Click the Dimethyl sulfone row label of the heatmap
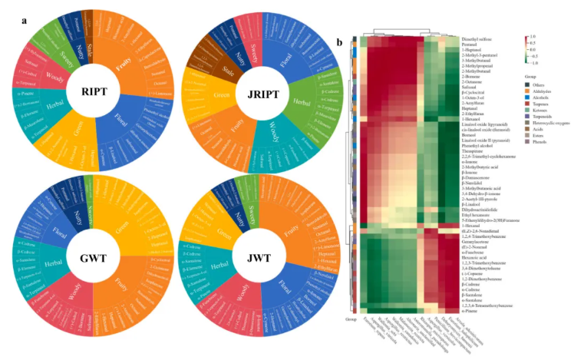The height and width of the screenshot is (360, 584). [x=482, y=39]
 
